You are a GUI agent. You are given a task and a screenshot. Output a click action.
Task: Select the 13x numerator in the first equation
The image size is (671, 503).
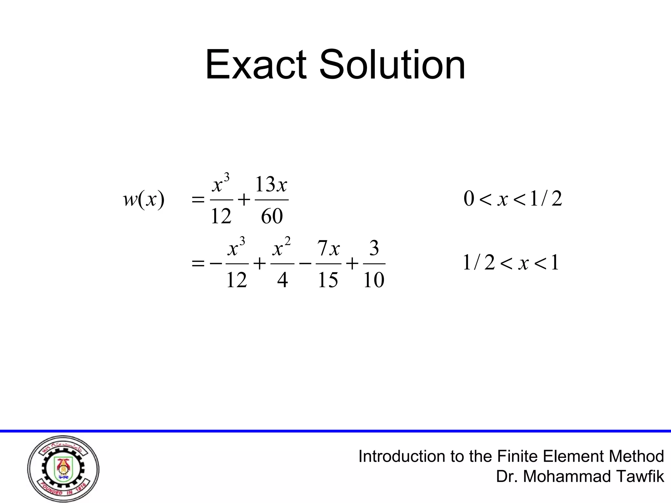click(271, 184)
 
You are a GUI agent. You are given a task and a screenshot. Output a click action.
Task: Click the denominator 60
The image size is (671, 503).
click(272, 216)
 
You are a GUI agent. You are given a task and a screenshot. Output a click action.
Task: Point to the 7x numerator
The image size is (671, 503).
click(328, 248)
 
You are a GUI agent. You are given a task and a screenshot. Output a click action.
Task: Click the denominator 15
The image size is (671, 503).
click(328, 280)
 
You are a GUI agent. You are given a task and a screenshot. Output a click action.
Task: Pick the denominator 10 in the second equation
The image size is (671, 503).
click(374, 280)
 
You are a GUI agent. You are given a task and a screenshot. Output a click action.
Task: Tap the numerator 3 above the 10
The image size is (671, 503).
click(374, 248)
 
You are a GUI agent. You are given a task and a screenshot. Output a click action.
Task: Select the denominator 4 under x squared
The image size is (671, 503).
click(282, 280)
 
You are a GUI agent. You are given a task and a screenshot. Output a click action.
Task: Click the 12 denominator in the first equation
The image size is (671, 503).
click(221, 216)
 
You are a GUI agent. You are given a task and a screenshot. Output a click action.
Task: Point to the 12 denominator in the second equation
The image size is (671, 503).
click(237, 280)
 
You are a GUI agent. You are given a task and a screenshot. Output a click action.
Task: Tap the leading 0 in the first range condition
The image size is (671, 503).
click(469, 199)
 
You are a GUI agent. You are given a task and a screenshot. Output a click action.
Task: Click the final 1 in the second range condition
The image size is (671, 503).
click(554, 263)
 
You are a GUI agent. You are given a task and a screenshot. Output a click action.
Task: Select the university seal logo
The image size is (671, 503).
click(63, 469)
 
